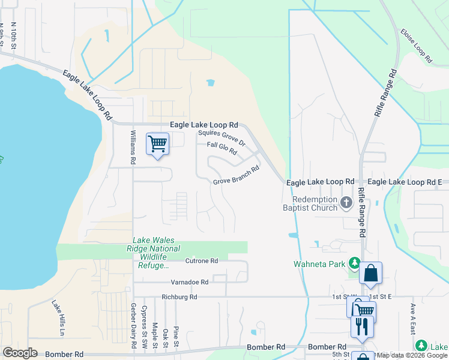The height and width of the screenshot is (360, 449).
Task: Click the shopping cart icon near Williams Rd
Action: pyautogui.click(x=157, y=144)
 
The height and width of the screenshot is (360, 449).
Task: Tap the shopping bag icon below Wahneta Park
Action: pyautogui.click(x=371, y=274)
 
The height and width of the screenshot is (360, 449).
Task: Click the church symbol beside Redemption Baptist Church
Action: pyautogui.click(x=346, y=203)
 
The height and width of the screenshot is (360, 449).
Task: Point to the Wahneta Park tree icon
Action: pyautogui.click(x=355, y=263)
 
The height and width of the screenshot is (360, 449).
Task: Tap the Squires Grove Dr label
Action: pyautogui.click(x=222, y=139)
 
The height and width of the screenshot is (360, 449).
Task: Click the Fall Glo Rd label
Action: pyautogui.click(x=222, y=148)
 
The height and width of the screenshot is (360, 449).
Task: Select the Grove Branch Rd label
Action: pyautogui.click(x=236, y=175)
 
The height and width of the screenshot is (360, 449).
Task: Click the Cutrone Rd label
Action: pyautogui.click(x=202, y=261)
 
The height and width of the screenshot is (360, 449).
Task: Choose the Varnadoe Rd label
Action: pyautogui.click(x=188, y=281)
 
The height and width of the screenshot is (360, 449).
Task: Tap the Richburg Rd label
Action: pyautogui.click(x=179, y=297)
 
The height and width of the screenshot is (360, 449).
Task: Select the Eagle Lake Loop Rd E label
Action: pyautogui.click(x=405, y=181)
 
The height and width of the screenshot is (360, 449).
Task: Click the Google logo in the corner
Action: pyautogui.click(x=20, y=353)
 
